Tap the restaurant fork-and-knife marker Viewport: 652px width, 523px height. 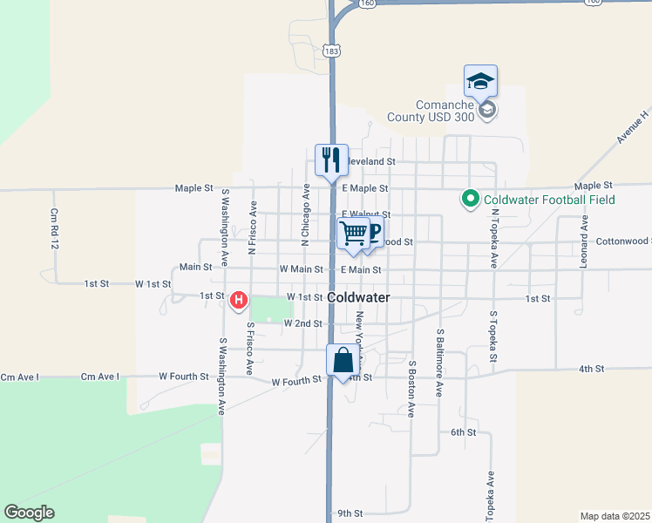pyautogui.click(x=331, y=160)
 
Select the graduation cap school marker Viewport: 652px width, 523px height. pyautogui.click(x=480, y=81)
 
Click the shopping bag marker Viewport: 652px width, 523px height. pyautogui.click(x=343, y=360)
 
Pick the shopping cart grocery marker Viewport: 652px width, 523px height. pyautogui.click(x=354, y=234)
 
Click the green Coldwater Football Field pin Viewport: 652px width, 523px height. pyautogui.click(x=471, y=200)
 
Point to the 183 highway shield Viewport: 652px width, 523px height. pyautogui.click(x=331, y=51)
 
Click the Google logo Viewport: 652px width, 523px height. pyautogui.click(x=29, y=513)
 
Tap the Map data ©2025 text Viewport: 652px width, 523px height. pyautogui.click(x=615, y=516)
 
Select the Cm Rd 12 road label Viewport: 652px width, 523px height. pyautogui.click(x=54, y=229)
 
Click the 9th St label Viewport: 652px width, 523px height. pyautogui.click(x=349, y=513)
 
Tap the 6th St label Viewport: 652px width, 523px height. pyautogui.click(x=463, y=432)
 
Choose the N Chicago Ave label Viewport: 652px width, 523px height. pyautogui.click(x=306, y=211)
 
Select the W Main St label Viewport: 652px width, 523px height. pyautogui.click(x=301, y=270)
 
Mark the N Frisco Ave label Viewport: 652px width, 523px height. pyautogui.click(x=252, y=228)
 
